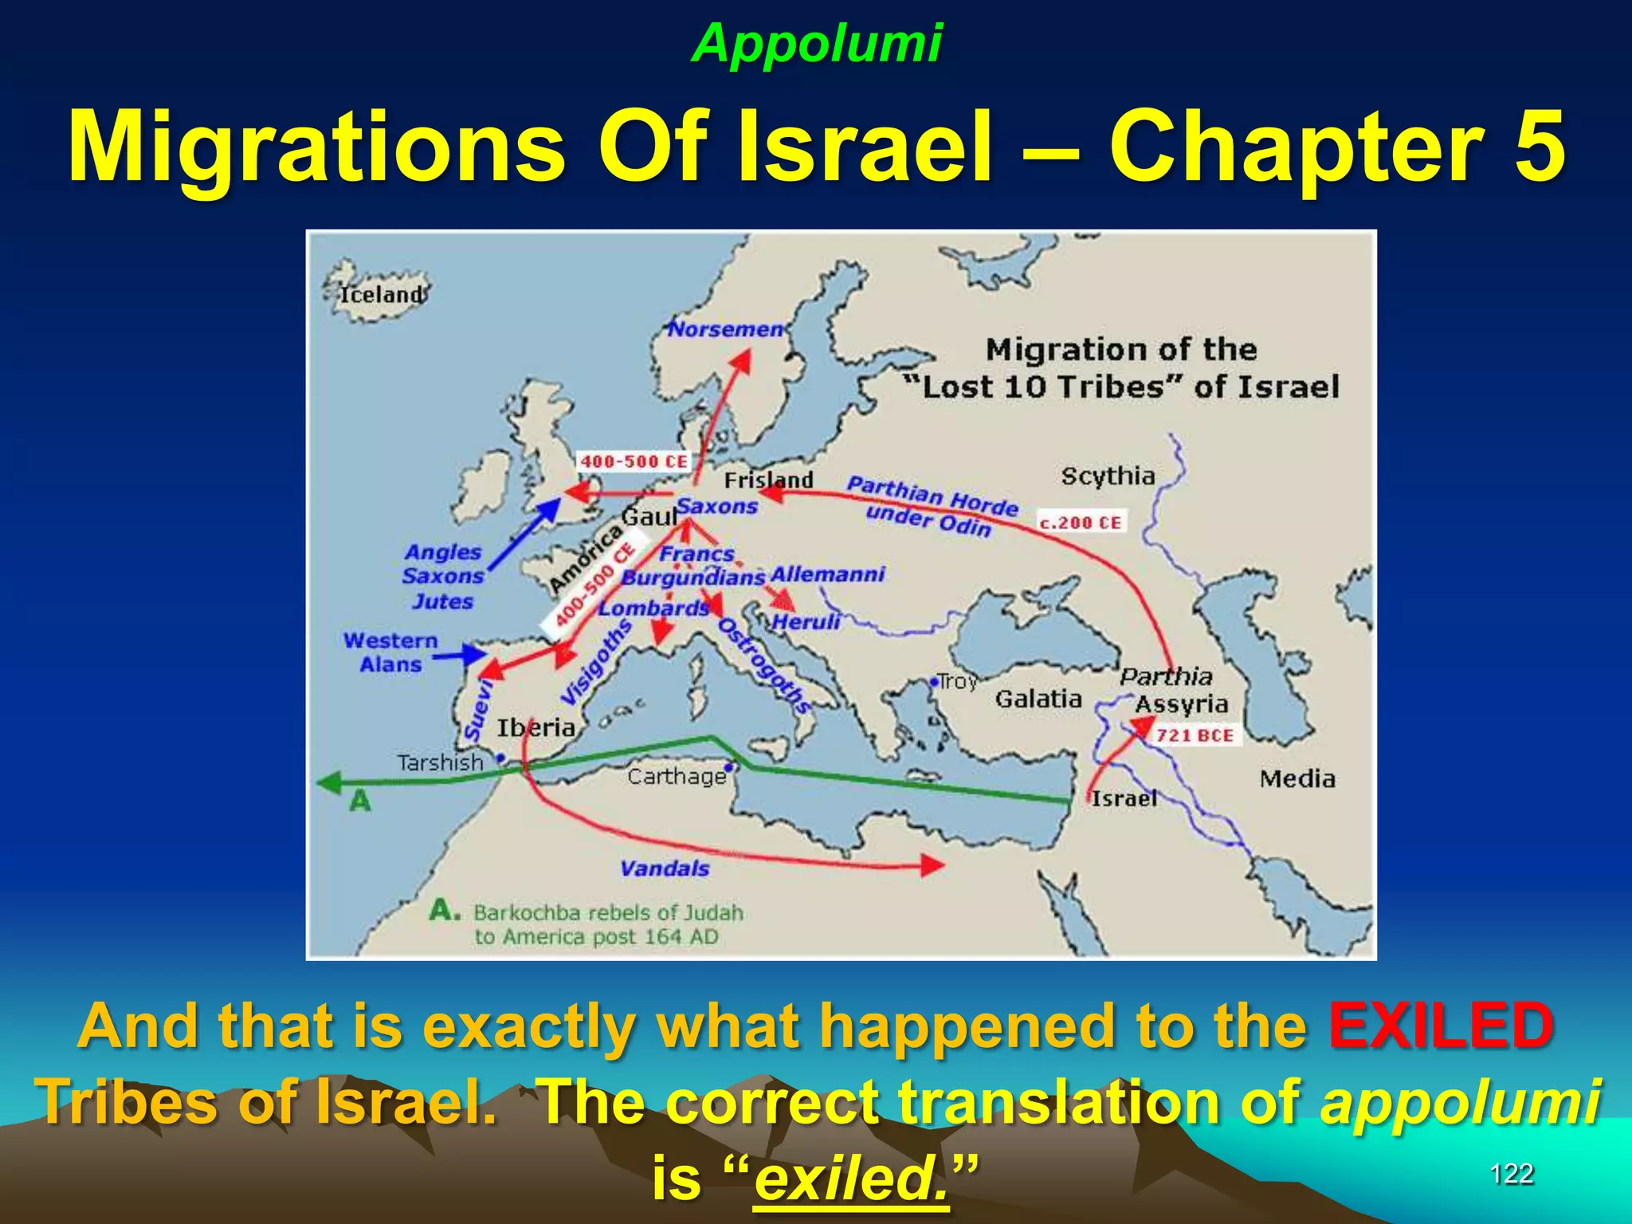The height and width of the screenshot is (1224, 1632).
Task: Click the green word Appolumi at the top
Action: tap(817, 43)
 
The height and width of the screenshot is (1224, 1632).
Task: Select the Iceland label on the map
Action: tap(382, 295)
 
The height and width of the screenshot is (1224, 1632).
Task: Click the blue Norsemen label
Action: tap(725, 329)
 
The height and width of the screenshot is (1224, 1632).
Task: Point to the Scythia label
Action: tap(1108, 477)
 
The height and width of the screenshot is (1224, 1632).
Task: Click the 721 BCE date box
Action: tap(1195, 735)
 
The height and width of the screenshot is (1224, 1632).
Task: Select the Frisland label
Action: tap(768, 481)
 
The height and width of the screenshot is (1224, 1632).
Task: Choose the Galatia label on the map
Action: tap(1038, 699)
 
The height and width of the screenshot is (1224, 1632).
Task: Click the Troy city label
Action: tap(957, 682)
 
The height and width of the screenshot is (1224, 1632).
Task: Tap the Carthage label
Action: tap(677, 776)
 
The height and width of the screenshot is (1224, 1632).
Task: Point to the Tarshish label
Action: tap(441, 763)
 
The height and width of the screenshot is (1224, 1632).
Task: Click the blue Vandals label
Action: tap(665, 868)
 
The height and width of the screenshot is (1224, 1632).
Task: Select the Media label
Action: tap(1297, 779)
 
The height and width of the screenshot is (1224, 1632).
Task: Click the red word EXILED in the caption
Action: tap(1441, 1026)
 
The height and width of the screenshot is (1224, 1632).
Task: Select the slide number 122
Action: tap(1511, 1174)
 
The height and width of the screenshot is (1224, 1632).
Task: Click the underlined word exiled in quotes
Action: tap(850, 1179)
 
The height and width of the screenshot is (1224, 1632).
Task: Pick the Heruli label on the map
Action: tap(806, 622)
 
